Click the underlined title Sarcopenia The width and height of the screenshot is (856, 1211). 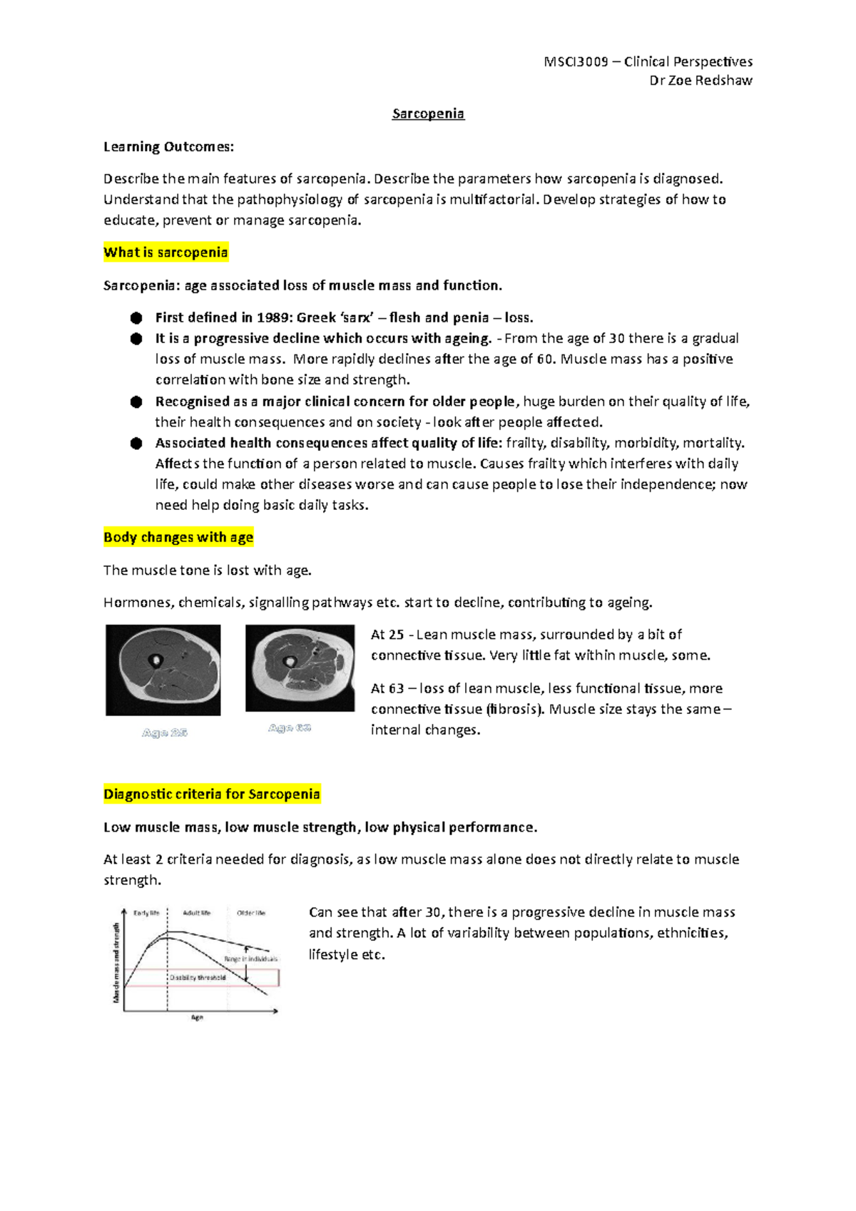(x=428, y=113)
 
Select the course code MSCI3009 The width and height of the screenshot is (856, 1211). (x=576, y=61)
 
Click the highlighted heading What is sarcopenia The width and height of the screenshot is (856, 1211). (x=165, y=252)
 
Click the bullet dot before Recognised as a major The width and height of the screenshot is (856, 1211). (x=136, y=402)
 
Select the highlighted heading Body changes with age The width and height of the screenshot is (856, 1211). (x=178, y=538)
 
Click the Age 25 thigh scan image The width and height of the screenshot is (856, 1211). (x=163, y=670)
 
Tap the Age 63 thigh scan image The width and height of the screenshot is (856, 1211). (x=300, y=668)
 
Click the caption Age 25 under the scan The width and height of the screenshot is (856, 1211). (x=165, y=732)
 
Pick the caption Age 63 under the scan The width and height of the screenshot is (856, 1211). (x=290, y=727)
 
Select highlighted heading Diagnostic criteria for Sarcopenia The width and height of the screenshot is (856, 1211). (x=212, y=794)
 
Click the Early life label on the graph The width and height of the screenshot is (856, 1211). (x=147, y=913)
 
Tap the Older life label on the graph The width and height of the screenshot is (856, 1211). (x=251, y=913)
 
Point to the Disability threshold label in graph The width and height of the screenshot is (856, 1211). (x=198, y=978)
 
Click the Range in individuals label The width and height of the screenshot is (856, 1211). (x=250, y=959)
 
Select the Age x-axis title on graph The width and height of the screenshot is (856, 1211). (x=198, y=1018)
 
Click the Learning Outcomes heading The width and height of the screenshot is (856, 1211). (x=168, y=147)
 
